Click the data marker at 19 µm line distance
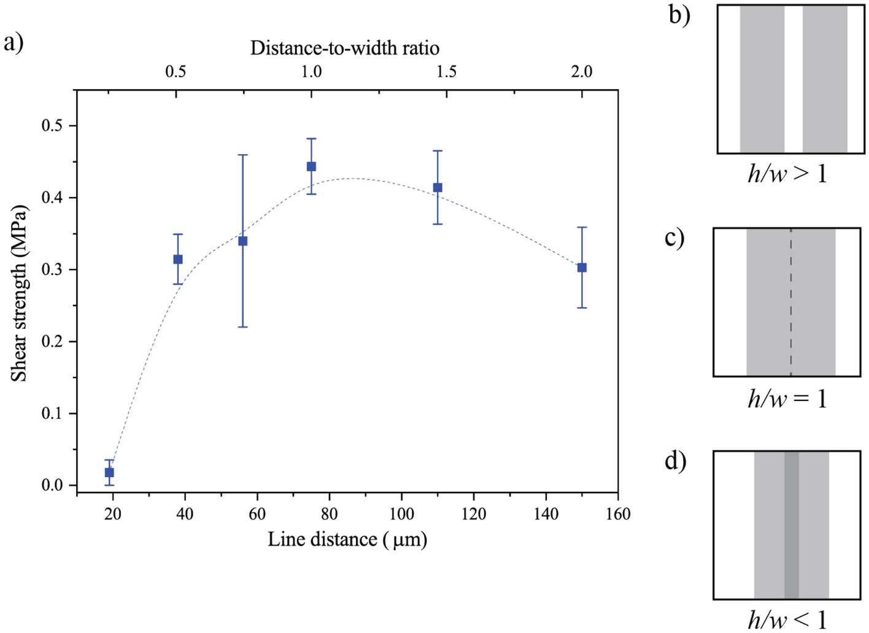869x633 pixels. [109, 472]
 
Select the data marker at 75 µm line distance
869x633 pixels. [311, 166]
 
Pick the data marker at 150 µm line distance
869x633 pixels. [582, 268]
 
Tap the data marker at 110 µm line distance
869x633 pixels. [438, 187]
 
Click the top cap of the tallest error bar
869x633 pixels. [243, 155]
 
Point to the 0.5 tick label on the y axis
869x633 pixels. [52, 126]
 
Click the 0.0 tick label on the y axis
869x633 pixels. [52, 486]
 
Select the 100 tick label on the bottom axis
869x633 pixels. [401, 514]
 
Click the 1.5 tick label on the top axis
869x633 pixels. [446, 72]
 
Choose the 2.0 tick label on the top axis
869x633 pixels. [581, 72]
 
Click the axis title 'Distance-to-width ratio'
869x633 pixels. [344, 48]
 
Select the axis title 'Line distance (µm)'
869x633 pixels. [347, 540]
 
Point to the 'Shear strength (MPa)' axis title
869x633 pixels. [19, 293]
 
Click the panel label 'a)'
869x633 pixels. [14, 43]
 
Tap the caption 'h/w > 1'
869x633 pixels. [787, 174]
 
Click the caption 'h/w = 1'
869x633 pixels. [787, 399]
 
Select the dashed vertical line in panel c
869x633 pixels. [790, 302]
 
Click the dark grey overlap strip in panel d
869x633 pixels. [791, 525]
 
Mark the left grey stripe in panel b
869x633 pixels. [762, 79]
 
